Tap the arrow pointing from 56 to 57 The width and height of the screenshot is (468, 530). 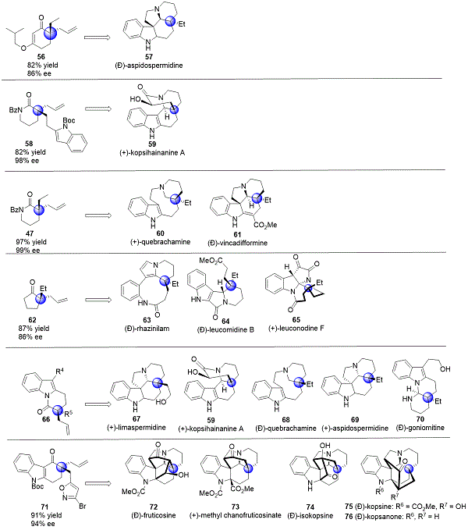click(x=97, y=35)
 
